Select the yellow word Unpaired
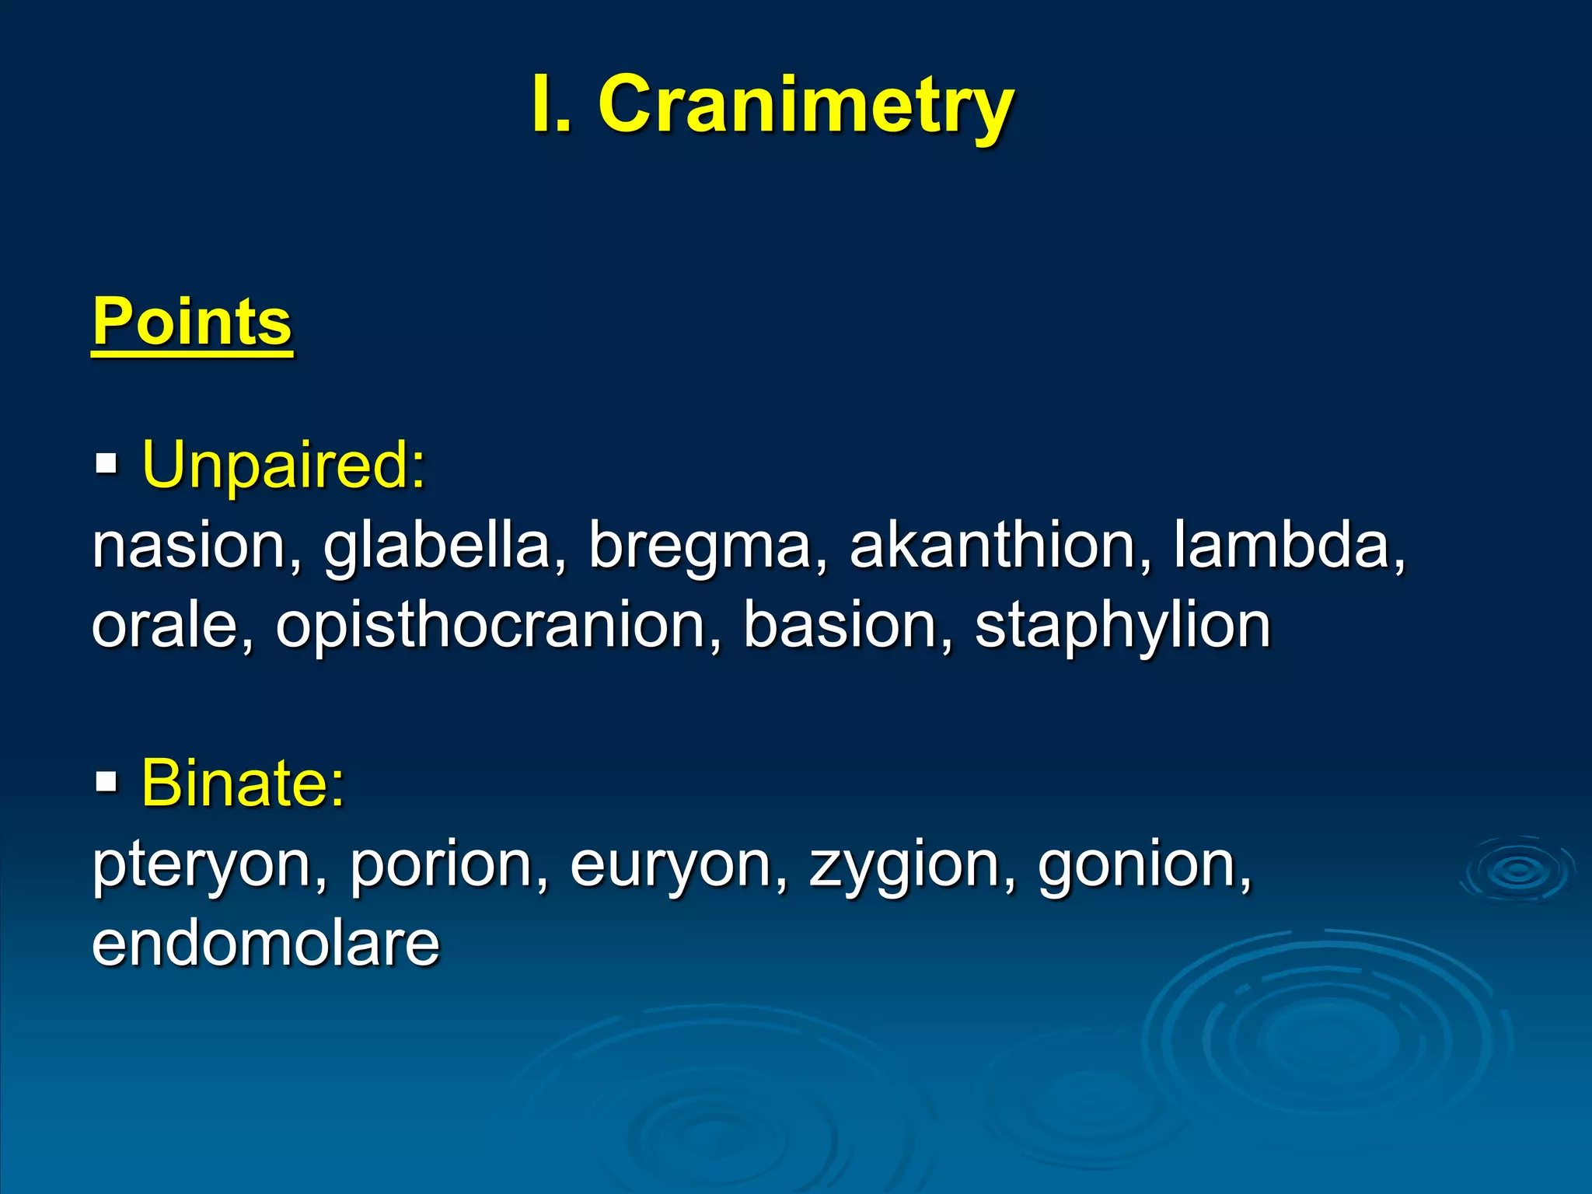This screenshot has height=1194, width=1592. [283, 465]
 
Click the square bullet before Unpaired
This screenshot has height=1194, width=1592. [106, 466]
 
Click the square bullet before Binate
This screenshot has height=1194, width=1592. [106, 781]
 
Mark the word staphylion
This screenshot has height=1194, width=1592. [1122, 627]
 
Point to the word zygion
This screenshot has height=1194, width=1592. [911, 866]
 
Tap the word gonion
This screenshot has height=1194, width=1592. [1144, 866]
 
